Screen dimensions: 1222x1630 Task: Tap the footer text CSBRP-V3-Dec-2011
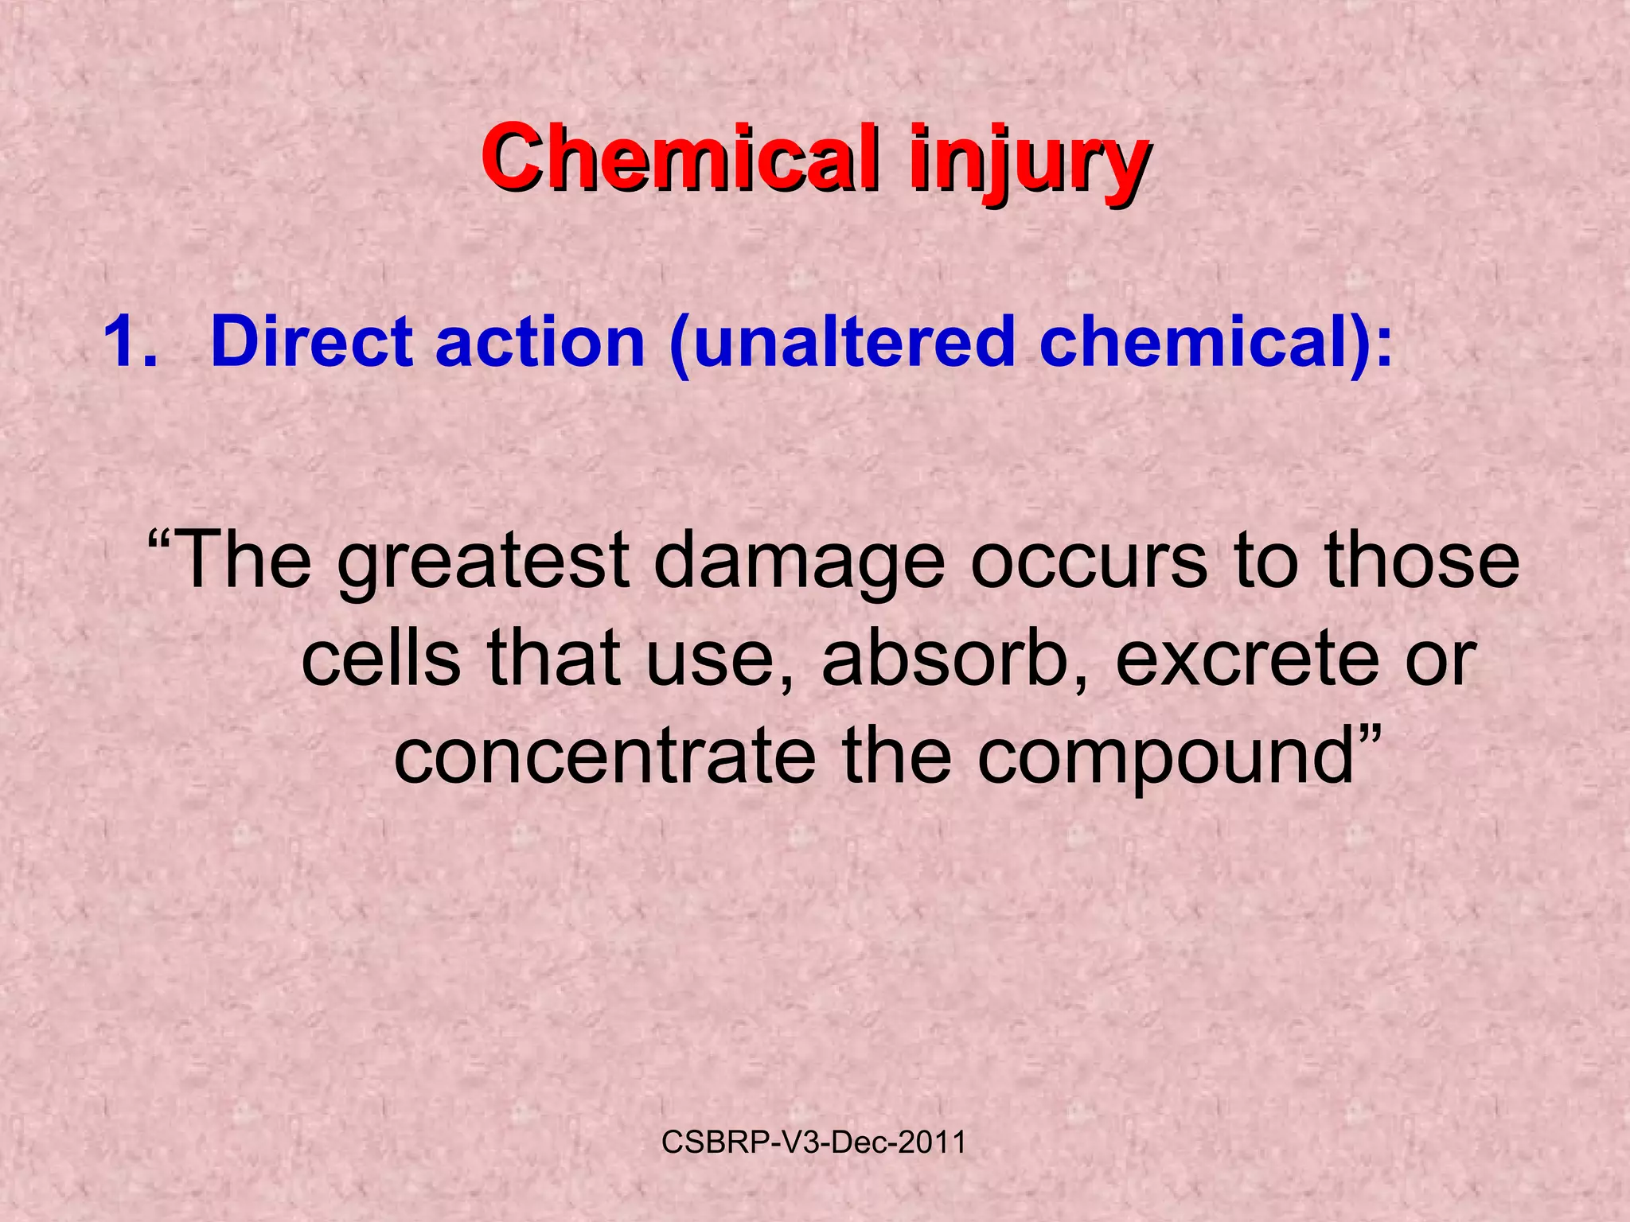[813, 1142]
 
